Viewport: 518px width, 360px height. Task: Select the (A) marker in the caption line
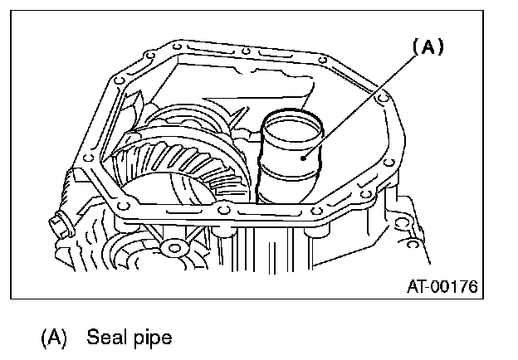tap(54, 338)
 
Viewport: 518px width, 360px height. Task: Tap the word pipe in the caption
tap(153, 338)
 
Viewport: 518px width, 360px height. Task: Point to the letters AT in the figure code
tap(417, 288)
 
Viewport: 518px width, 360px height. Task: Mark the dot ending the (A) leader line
tap(306, 156)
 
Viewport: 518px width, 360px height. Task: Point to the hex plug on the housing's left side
tap(61, 223)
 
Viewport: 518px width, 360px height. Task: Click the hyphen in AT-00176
tap(431, 289)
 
